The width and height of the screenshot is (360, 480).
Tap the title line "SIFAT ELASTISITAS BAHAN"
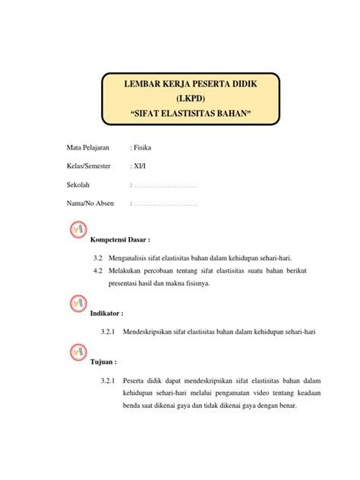click(191, 114)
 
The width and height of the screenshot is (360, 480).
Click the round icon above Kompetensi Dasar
click(79, 229)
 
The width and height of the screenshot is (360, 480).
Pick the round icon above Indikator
click(79, 303)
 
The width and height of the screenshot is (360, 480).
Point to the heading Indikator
click(106, 313)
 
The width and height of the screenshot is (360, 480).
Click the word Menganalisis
click(135, 258)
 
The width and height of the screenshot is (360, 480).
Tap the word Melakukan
click(131, 270)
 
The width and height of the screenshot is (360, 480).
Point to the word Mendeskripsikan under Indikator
click(151, 332)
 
